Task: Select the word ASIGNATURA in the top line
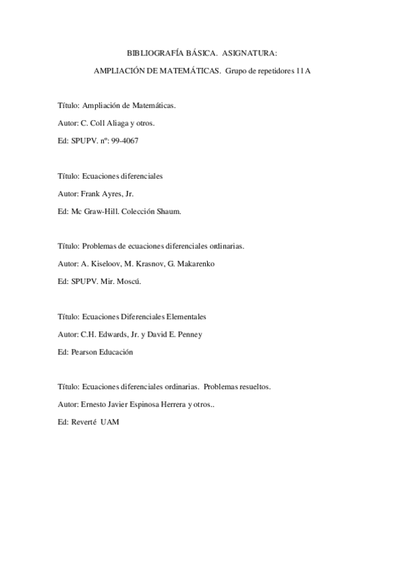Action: [x=254, y=52]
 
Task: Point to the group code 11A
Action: [x=303, y=70]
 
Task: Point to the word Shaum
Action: [x=168, y=211]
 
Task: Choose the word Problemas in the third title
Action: [x=99, y=246]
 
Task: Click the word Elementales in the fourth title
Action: [x=185, y=316]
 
